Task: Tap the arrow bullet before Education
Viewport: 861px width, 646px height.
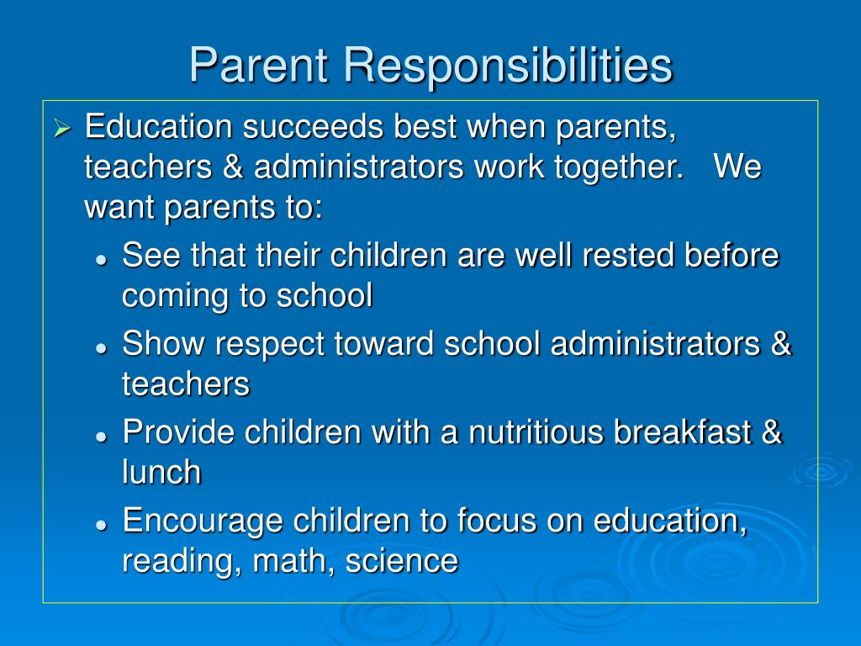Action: pyautogui.click(x=61, y=129)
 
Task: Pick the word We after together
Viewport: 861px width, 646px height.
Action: pyautogui.click(x=737, y=167)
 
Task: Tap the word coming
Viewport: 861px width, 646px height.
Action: pyautogui.click(x=171, y=297)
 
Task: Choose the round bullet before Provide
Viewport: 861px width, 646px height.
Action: pyautogui.click(x=101, y=437)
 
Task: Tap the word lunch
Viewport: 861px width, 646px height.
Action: pyautogui.click(x=161, y=472)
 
